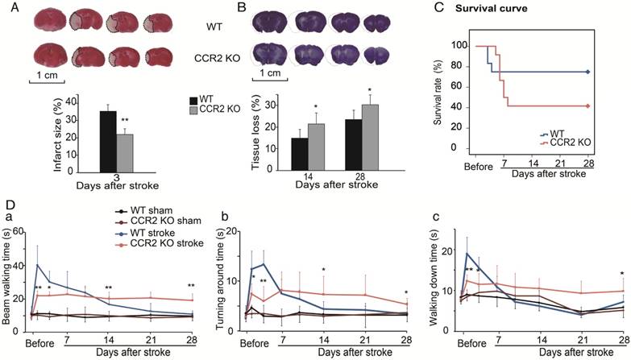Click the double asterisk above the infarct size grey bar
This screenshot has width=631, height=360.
pos(126,122)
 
